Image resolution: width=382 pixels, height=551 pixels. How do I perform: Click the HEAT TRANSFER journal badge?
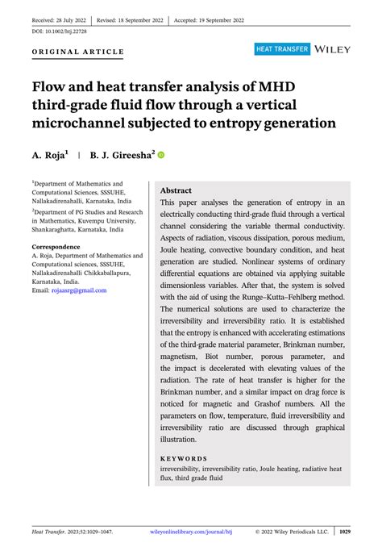(x=282, y=49)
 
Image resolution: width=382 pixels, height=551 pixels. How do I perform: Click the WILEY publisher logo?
(x=332, y=49)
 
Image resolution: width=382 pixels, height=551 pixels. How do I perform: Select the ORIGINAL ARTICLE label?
(x=78, y=52)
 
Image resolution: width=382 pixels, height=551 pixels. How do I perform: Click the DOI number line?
(x=62, y=31)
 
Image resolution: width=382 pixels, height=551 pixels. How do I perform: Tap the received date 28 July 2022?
(x=58, y=17)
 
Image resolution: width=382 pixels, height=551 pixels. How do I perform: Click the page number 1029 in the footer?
(x=344, y=532)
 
